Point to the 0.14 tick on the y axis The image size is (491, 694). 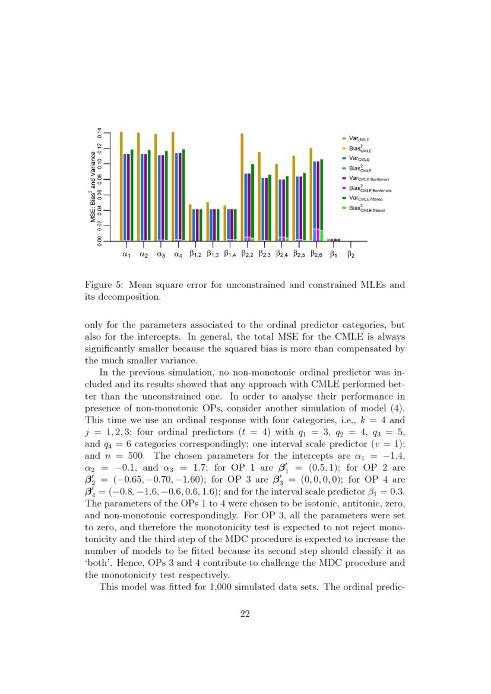click(100, 133)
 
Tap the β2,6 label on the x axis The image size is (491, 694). click(316, 255)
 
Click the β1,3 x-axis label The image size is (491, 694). click(213, 255)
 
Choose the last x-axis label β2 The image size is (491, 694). click(351, 255)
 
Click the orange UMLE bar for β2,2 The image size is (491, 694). click(242, 185)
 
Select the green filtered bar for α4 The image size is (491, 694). click(183, 194)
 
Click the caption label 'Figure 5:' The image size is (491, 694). click(104, 285)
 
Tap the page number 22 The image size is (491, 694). click(245, 614)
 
